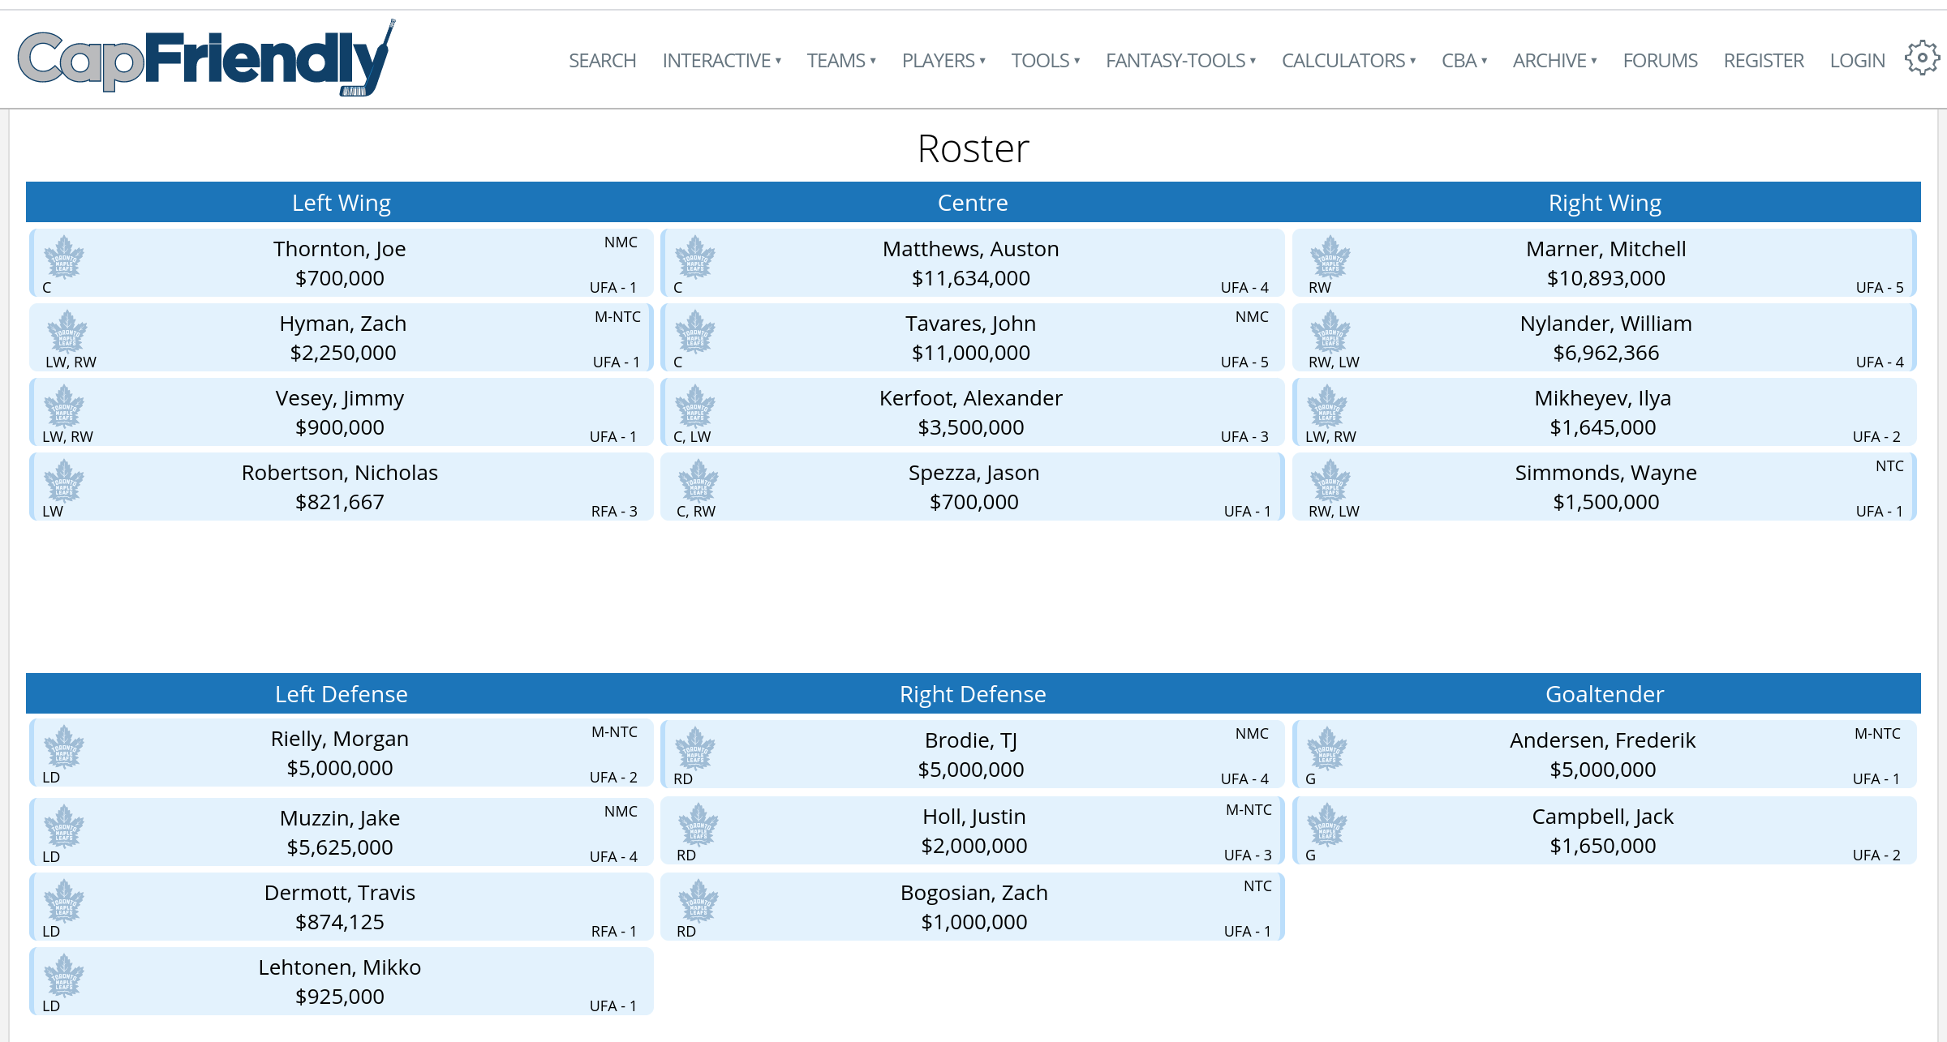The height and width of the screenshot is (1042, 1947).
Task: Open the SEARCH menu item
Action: pyautogui.click(x=602, y=61)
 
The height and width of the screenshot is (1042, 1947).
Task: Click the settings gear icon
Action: pyautogui.click(x=1921, y=58)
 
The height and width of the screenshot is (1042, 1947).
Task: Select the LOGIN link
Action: pyautogui.click(x=1857, y=61)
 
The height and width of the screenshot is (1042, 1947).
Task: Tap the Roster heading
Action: pyautogui.click(x=973, y=149)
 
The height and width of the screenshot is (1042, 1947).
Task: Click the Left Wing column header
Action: pyautogui.click(x=342, y=203)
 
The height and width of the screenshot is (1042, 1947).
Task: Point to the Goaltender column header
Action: pyautogui.click(x=1604, y=694)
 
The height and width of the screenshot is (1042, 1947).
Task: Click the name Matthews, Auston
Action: pyautogui.click(x=970, y=249)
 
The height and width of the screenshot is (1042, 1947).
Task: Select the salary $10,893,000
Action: pyautogui.click(x=1605, y=278)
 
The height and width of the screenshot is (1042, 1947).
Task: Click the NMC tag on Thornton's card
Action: pyautogui.click(x=621, y=242)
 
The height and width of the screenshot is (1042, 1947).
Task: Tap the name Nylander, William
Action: pyautogui.click(x=1605, y=324)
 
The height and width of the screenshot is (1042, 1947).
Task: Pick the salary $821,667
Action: pyautogui.click(x=339, y=502)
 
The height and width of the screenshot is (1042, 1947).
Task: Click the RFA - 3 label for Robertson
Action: pyautogui.click(x=614, y=512)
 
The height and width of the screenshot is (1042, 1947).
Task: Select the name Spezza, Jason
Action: pyautogui.click(x=973, y=473)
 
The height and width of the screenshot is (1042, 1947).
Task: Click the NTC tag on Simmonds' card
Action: pyautogui.click(x=1889, y=466)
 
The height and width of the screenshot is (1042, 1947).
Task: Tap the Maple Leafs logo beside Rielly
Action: pyautogui.click(x=64, y=746)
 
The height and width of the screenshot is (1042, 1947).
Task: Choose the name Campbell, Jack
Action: pyautogui.click(x=1602, y=817)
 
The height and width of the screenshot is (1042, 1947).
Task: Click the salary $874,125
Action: pyautogui.click(x=339, y=922)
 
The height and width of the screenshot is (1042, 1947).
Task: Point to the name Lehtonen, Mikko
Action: pyautogui.click(x=339, y=967)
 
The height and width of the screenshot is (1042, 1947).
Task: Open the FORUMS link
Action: pyautogui.click(x=1660, y=61)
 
